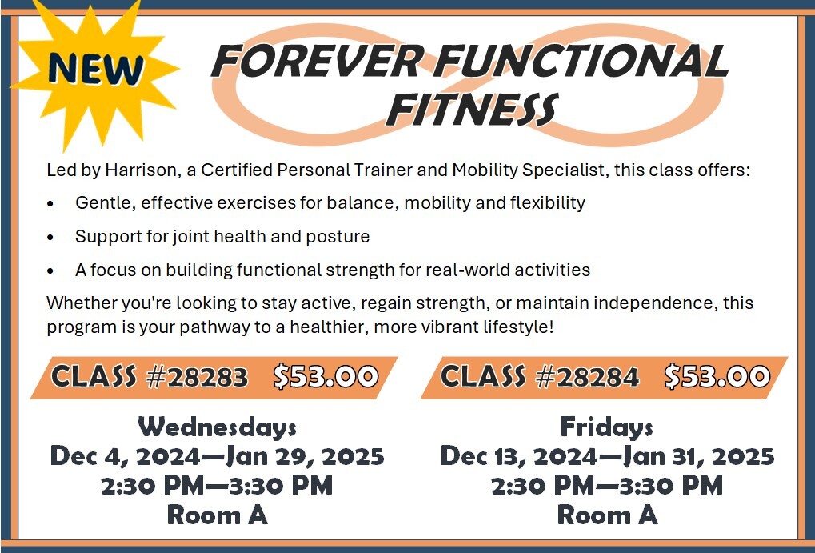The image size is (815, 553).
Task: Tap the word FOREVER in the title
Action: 315,62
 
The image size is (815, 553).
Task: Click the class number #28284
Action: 588,376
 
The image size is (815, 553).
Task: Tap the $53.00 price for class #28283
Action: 325,376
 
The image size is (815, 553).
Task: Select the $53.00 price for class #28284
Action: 717,376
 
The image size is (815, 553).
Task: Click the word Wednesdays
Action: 217,427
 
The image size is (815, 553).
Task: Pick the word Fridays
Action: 607,427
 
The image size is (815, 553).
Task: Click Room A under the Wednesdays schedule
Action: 217,515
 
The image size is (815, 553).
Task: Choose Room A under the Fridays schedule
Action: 607,515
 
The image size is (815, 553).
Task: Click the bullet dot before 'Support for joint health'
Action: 51,238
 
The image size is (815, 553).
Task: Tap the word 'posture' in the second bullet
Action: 342,237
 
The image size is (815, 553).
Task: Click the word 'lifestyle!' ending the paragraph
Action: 514,327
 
